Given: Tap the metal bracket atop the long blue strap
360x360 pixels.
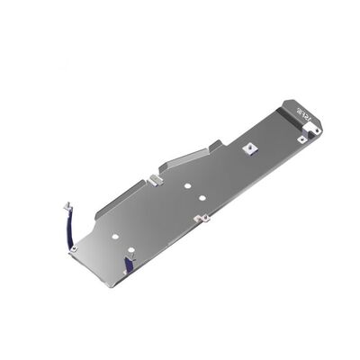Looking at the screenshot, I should (66, 205).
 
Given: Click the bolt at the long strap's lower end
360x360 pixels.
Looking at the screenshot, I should (74, 248).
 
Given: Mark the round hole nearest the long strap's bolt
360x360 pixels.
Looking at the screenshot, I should (115, 238).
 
